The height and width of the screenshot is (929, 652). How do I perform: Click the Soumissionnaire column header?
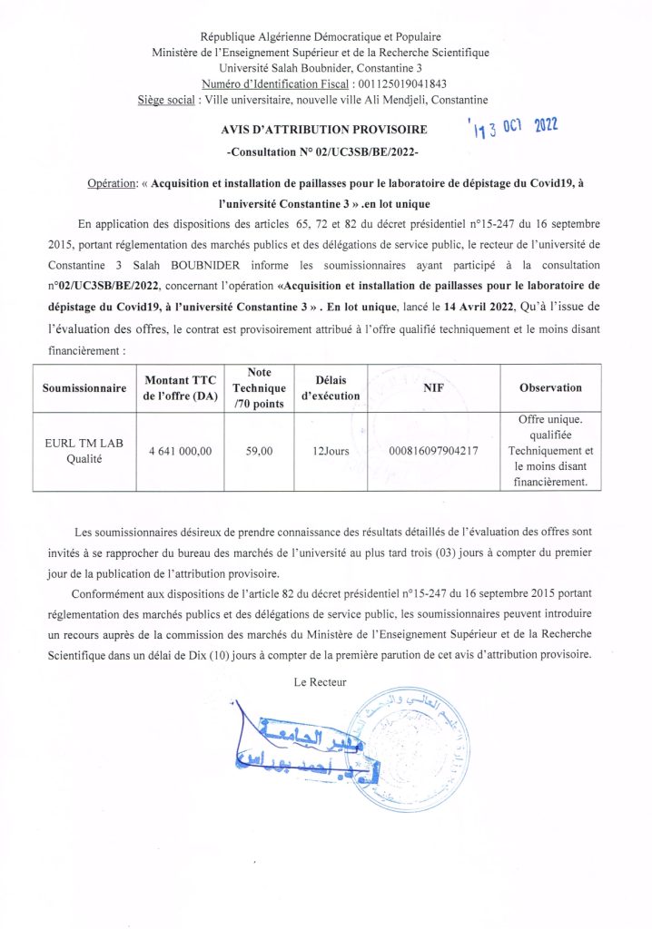[x=84, y=388]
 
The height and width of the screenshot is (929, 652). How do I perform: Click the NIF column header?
[x=433, y=388]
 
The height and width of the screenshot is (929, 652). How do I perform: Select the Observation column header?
[x=550, y=388]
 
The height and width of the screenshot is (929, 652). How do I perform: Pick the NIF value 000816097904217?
[x=433, y=451]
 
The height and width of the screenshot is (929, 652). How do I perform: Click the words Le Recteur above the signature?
[x=321, y=681]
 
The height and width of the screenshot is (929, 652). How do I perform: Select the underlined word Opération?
[x=111, y=183]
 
